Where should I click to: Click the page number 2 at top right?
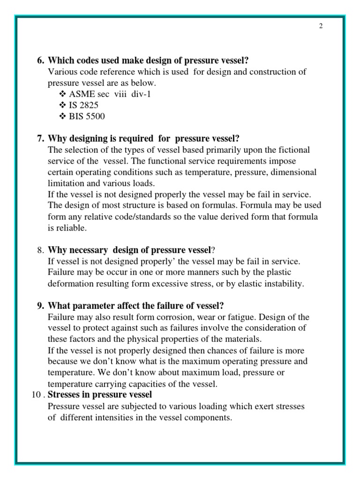[x=321, y=26]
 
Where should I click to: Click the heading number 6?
[x=40, y=60]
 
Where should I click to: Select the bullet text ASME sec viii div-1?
[x=110, y=94]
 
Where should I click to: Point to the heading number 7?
[x=40, y=138]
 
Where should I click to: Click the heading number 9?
[x=40, y=306]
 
